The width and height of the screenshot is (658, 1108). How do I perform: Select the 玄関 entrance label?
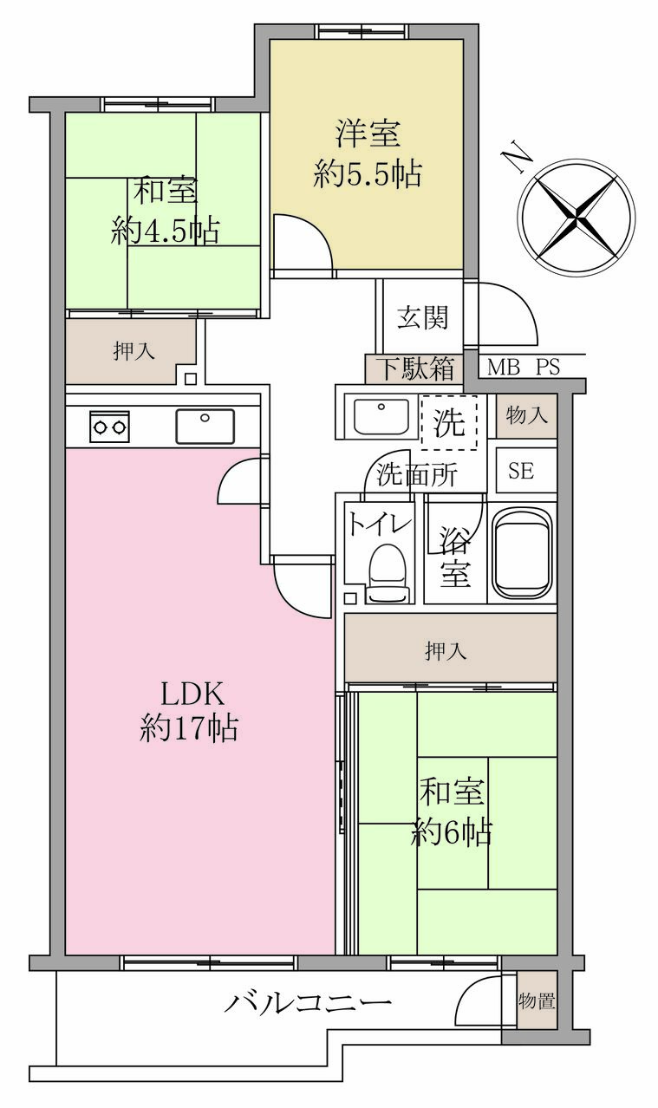(423, 317)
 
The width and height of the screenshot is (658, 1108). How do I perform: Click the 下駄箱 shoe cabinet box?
(414, 369)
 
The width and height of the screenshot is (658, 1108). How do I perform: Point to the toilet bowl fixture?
(389, 573)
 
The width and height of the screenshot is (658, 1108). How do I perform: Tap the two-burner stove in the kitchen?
(109, 427)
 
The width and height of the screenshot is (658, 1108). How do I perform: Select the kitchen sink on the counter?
(205, 426)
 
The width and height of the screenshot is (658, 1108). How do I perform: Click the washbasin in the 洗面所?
(381, 415)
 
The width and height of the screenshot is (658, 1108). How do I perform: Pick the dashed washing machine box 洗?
(449, 422)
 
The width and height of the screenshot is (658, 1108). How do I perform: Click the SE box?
(526, 471)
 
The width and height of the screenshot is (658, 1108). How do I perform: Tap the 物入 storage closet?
(526, 416)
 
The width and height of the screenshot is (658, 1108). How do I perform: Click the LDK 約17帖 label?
(190, 711)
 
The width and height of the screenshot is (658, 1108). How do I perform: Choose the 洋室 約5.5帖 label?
(367, 153)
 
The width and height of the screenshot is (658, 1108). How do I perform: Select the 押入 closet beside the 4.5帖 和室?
(131, 351)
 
